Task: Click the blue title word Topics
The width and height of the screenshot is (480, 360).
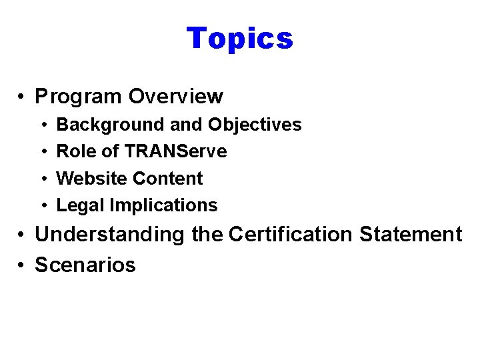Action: [239, 39]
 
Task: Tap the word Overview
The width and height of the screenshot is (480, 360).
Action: [175, 97]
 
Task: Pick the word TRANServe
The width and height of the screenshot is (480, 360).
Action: [174, 151]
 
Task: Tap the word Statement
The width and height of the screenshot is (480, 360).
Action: [411, 235]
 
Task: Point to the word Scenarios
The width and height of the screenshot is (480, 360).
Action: [85, 265]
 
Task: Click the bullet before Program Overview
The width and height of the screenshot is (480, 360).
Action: [22, 97]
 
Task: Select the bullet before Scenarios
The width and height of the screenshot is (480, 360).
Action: [22, 265]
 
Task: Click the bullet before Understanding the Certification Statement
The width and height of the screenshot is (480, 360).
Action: [22, 235]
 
